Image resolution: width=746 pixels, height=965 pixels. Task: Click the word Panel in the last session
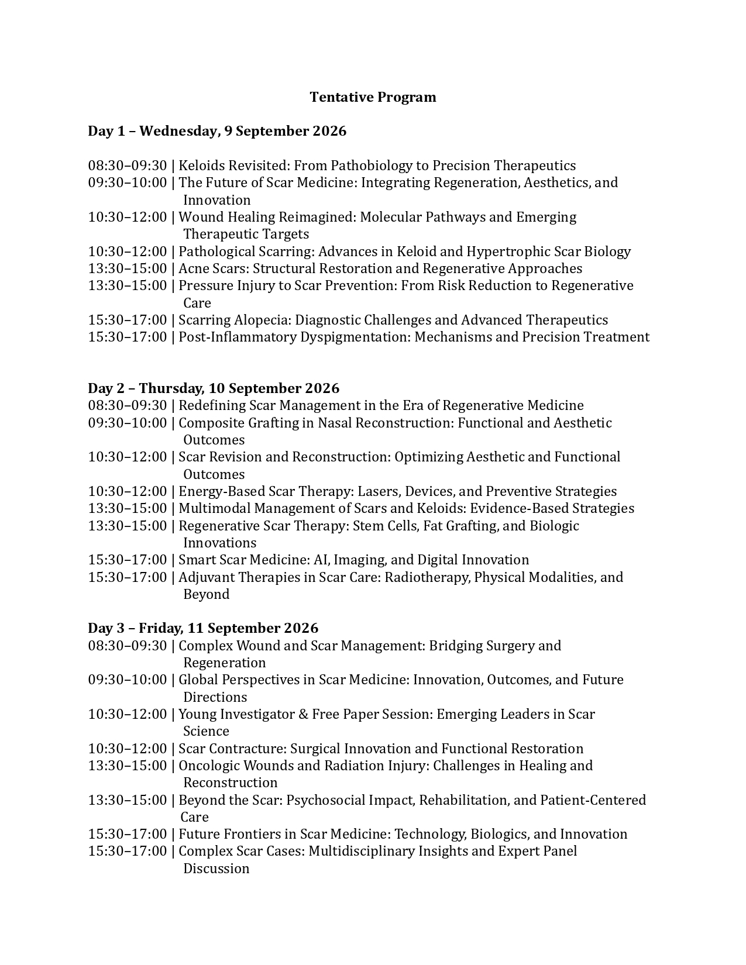560,851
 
